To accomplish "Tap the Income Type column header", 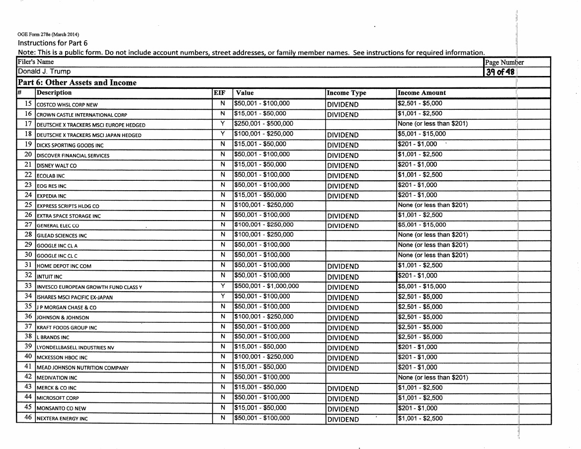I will [x=346, y=93].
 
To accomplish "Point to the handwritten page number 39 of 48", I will [x=501, y=72].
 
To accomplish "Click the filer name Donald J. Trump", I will [x=44, y=72].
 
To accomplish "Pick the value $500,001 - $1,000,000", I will [x=266, y=287].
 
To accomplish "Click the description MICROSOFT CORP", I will [x=58, y=398].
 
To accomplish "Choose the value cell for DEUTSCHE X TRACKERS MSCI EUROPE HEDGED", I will [x=263, y=124].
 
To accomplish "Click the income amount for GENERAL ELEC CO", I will [x=421, y=225].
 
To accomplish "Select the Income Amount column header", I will [x=421, y=93].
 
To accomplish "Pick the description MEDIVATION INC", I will [x=56, y=378].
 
